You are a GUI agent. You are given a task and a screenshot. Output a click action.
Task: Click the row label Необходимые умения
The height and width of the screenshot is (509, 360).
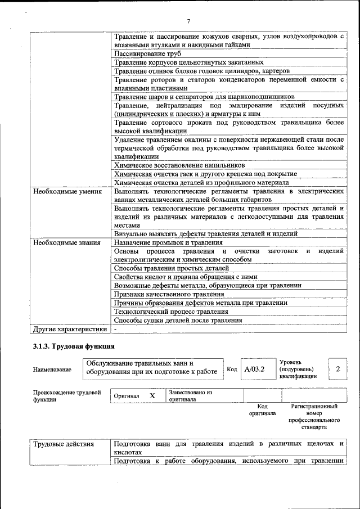pyautogui.click(x=60, y=192)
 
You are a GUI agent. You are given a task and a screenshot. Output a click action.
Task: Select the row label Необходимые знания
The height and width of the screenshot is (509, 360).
pyautogui.click(x=59, y=243)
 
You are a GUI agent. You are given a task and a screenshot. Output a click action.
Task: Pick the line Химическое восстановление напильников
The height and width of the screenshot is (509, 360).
pyautogui.click(x=179, y=166)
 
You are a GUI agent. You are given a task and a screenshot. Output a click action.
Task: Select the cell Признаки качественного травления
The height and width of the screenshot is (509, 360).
pyautogui.click(x=169, y=294)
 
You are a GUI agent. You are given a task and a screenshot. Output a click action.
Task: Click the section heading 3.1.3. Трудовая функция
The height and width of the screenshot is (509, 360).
pyautogui.click(x=74, y=346)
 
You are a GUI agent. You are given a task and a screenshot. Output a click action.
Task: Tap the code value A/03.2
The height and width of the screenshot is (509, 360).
pyautogui.click(x=254, y=369)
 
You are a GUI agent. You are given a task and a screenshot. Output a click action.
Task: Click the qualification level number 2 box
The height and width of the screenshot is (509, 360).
pyautogui.click(x=337, y=369)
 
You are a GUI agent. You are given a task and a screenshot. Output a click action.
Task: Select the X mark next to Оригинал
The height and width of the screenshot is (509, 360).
pyautogui.click(x=152, y=395)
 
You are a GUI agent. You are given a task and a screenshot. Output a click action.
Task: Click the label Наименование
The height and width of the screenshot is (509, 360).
pyautogui.click(x=52, y=370)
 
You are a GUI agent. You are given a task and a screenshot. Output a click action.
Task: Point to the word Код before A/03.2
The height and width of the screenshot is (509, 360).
pyautogui.click(x=232, y=369)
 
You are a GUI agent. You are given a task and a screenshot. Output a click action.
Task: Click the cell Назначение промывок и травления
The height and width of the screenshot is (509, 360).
pyautogui.click(x=168, y=243)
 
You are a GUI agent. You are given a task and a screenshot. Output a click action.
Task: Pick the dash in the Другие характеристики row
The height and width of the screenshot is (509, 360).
pyautogui.click(x=115, y=328)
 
